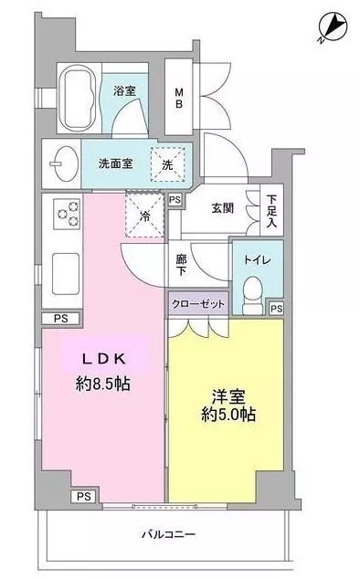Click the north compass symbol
tap(333, 27)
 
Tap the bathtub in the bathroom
tap(78, 98)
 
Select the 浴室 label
tap(124, 90)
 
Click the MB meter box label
tap(178, 98)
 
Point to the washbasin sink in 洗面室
tap(64, 164)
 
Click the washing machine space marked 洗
tap(167, 164)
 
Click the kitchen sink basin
tap(66, 274)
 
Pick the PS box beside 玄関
tap(175, 200)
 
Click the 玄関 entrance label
tap(223, 208)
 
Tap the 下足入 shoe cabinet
tap(272, 210)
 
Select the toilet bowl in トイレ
tap(253, 295)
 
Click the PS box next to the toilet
tap(277, 309)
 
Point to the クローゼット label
tap(198, 304)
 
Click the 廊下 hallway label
tap(181, 265)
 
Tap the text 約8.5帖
tap(102, 384)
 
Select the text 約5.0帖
tap(228, 415)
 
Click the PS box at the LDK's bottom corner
tap(84, 497)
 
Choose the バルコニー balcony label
tap(169, 534)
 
